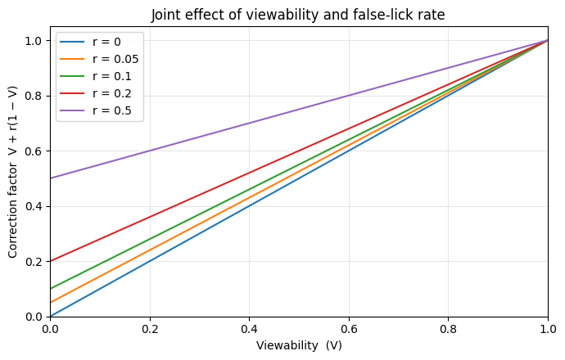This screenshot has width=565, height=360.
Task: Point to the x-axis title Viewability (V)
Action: click(299, 346)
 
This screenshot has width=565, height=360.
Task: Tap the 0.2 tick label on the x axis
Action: click(150, 329)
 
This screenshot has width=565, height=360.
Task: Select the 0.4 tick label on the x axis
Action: click(249, 329)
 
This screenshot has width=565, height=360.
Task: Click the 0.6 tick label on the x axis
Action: click(349, 329)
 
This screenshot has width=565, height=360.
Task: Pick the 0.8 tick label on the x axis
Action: click(448, 329)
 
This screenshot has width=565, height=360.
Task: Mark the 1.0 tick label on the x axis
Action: click(547, 329)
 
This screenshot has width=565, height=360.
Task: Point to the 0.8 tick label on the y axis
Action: click(33, 96)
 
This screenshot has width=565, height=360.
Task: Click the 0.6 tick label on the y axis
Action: click(33, 151)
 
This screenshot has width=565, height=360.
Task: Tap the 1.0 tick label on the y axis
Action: click(33, 40)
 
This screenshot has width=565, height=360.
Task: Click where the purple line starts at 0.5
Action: click(51, 178)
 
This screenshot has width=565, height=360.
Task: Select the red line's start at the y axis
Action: click(51, 261)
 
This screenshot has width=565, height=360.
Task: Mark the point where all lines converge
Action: click(547, 40)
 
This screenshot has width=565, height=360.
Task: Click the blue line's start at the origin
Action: click(51, 316)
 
